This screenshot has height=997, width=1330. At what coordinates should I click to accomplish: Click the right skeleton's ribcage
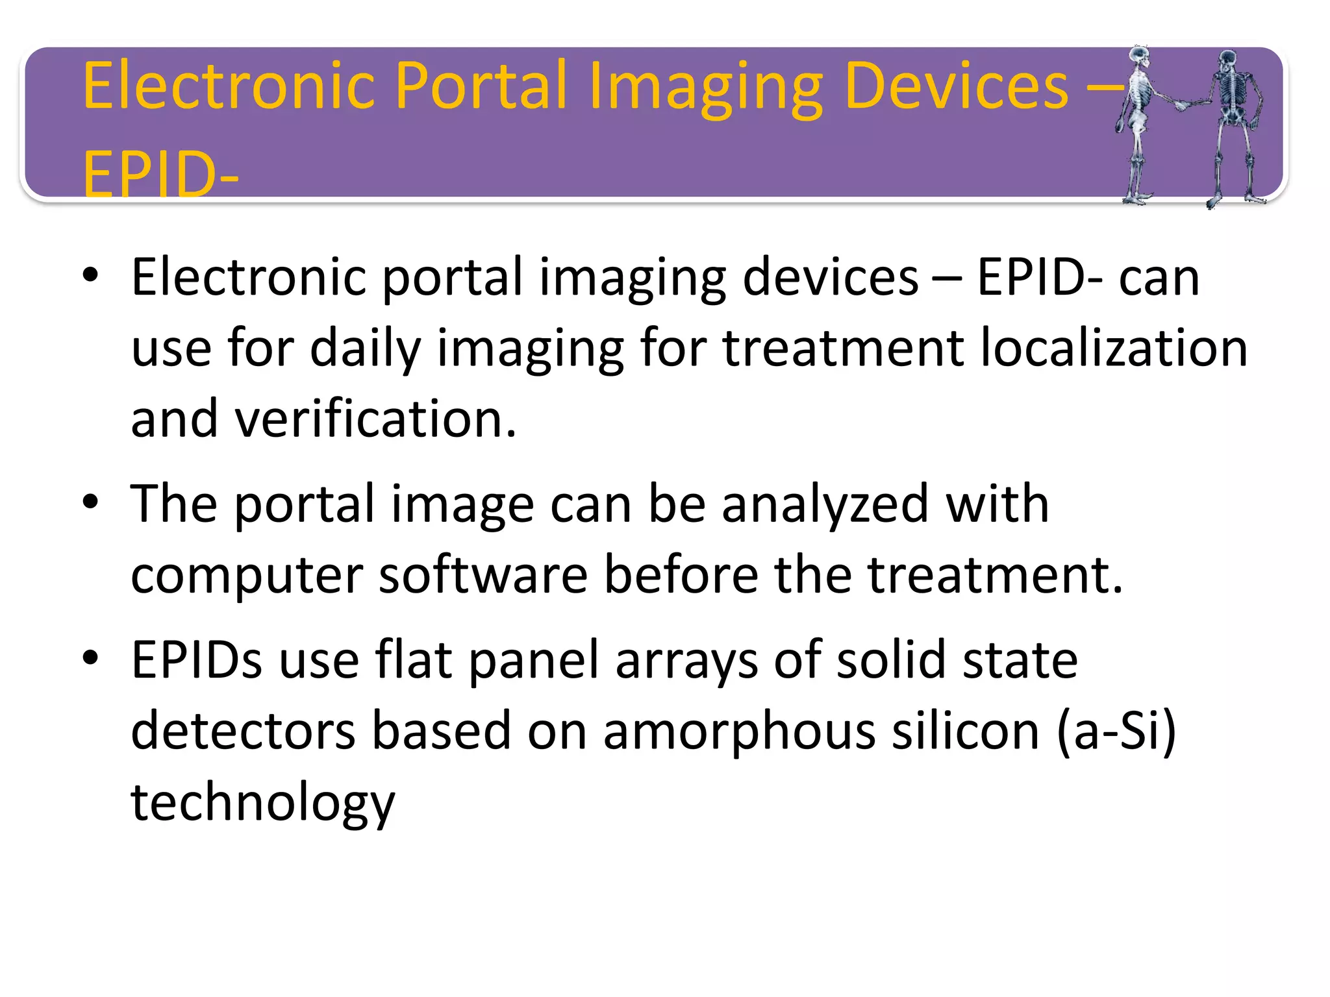point(1229,91)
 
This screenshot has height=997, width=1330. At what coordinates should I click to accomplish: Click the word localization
point(1113,348)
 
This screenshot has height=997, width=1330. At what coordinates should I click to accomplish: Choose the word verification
point(375,419)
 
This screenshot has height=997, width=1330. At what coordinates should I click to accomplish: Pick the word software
point(483,574)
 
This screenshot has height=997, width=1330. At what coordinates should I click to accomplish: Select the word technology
point(263,803)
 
